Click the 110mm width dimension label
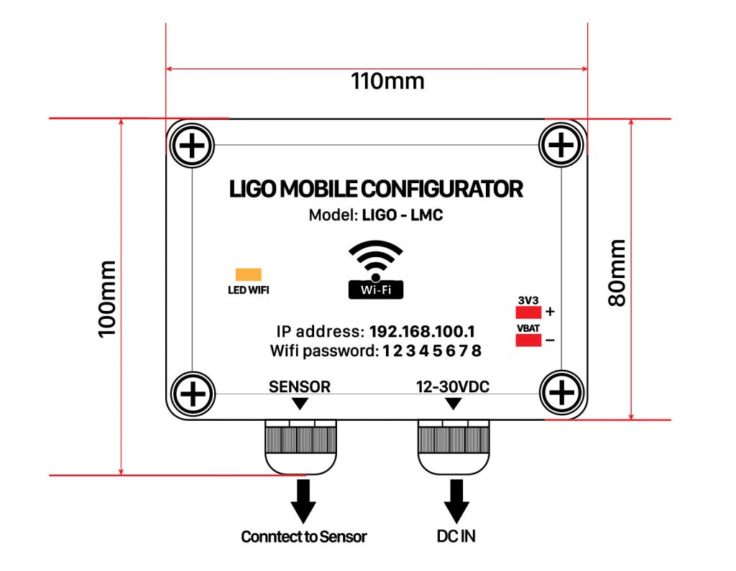(x=387, y=81)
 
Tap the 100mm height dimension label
(x=107, y=299)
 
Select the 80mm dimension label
(x=617, y=273)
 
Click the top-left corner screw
(x=192, y=146)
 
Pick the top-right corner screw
(x=561, y=144)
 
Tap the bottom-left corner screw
(x=193, y=394)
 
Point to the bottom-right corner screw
(x=562, y=392)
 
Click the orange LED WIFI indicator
(x=248, y=274)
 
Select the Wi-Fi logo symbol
(x=375, y=270)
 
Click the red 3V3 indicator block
(x=528, y=312)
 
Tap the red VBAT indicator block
(x=528, y=340)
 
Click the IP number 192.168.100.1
(x=422, y=332)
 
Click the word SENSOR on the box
(x=300, y=386)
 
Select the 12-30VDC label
(x=453, y=386)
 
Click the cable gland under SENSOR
(x=301, y=447)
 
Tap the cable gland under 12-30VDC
(x=454, y=447)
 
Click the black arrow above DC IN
(x=456, y=501)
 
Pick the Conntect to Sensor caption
(x=304, y=537)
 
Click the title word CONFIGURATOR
(x=442, y=189)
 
